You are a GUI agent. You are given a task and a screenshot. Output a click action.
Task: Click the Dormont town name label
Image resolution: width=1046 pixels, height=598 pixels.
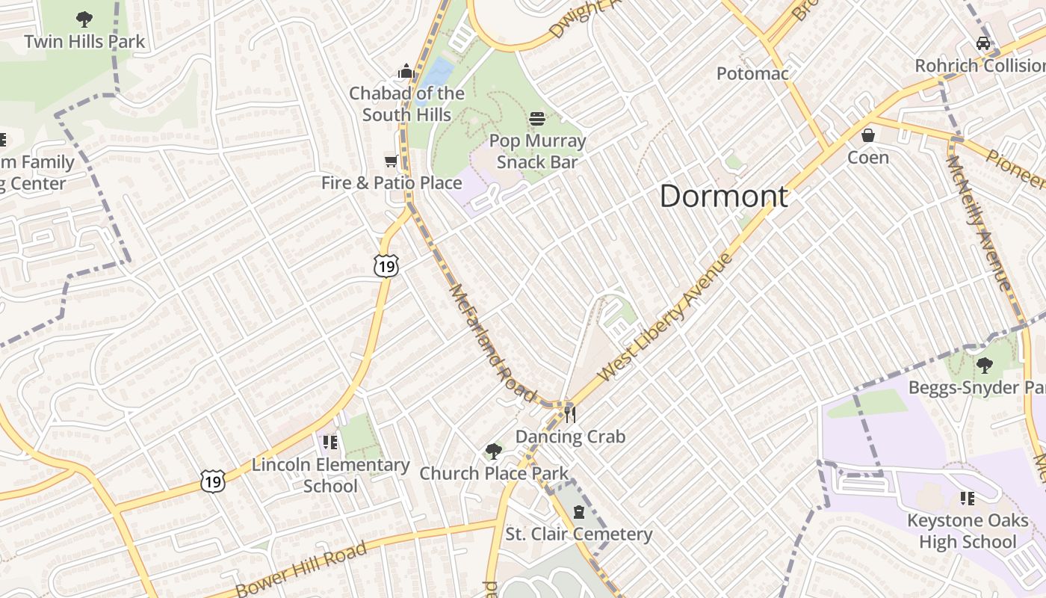pyautogui.click(x=723, y=197)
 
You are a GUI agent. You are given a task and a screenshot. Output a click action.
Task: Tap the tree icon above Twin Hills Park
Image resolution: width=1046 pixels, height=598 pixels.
pyautogui.click(x=84, y=19)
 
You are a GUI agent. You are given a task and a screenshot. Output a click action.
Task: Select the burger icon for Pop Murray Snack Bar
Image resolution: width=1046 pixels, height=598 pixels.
pyautogui.click(x=537, y=119)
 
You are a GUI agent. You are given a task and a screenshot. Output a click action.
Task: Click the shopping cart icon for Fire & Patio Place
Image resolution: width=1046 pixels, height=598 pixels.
pyautogui.click(x=390, y=161)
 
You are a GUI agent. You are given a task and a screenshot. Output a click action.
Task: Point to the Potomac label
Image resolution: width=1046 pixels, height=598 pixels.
pyautogui.click(x=752, y=73)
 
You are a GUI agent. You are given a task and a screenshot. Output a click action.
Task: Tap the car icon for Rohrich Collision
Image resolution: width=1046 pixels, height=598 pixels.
pyautogui.click(x=983, y=43)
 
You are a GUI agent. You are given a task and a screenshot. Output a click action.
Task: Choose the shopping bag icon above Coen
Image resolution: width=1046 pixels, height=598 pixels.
pyautogui.click(x=867, y=135)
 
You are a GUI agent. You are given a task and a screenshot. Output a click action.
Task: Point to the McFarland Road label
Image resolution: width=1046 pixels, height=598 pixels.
pyautogui.click(x=493, y=341)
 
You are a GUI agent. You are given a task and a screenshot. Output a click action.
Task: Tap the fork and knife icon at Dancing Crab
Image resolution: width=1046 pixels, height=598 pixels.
pyautogui.click(x=570, y=414)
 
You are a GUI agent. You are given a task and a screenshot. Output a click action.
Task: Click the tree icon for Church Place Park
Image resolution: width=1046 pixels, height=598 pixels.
pyautogui.click(x=493, y=451)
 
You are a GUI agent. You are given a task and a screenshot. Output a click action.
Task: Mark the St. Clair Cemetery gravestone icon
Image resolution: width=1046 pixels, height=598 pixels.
pyautogui.click(x=578, y=512)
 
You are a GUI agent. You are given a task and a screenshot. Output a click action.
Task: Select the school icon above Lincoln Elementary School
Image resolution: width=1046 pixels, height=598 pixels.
pyautogui.click(x=330, y=443)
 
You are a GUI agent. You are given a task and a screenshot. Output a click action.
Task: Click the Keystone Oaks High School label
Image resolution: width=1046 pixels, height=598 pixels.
pyautogui.click(x=967, y=531)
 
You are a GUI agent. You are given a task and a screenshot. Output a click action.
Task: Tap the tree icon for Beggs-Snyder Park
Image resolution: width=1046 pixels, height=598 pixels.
pyautogui.click(x=984, y=366)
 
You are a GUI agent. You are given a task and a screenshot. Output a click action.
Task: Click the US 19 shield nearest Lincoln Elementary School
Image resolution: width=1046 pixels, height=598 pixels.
pyautogui.click(x=213, y=481)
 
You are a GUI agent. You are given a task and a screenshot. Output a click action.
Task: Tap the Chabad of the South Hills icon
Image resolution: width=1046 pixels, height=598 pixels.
pyautogui.click(x=406, y=71)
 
